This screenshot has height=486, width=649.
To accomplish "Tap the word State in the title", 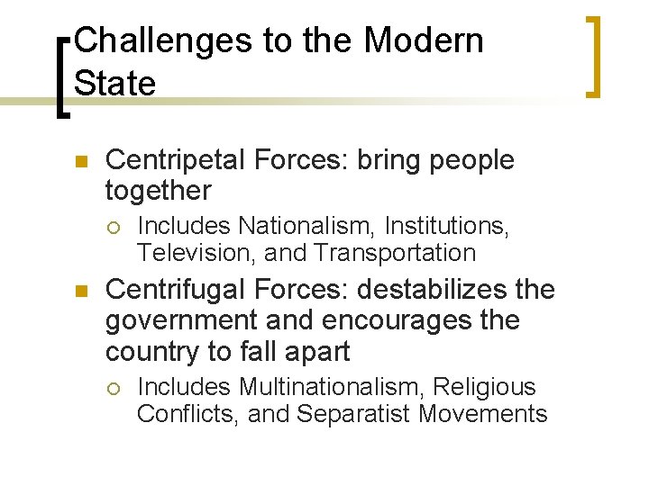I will click(115, 83).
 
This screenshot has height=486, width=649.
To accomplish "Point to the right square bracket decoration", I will click(592, 56).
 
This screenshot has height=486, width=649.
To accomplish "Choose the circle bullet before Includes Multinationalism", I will click(114, 388).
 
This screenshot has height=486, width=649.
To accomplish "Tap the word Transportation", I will click(394, 253).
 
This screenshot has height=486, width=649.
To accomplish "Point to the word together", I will click(158, 191).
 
